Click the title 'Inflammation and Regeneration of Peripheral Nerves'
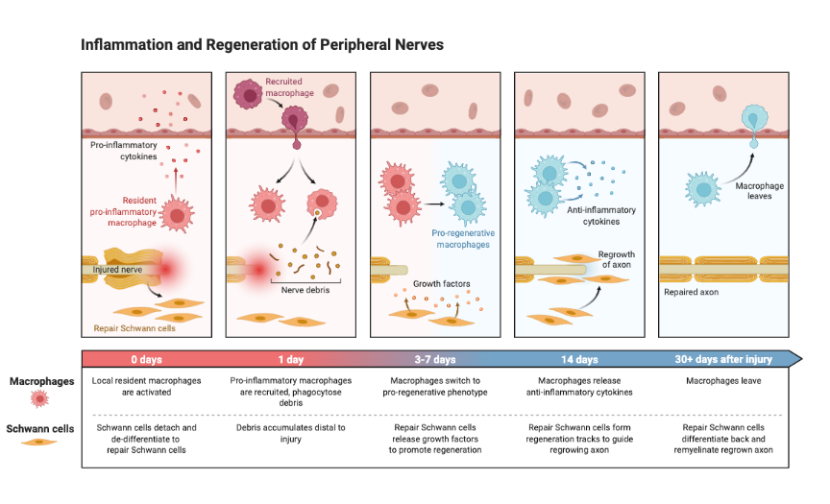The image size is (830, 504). pos(262,45)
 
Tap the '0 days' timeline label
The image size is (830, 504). pos(147,359)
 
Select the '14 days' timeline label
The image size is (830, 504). pos(579,359)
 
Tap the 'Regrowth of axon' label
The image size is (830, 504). pos(618,259)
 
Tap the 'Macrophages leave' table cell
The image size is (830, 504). pos(725,381)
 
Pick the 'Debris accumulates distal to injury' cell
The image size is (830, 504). pos(291,433)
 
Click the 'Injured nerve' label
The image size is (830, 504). pos(119,270)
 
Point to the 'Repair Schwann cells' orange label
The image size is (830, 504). pos(136,327)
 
